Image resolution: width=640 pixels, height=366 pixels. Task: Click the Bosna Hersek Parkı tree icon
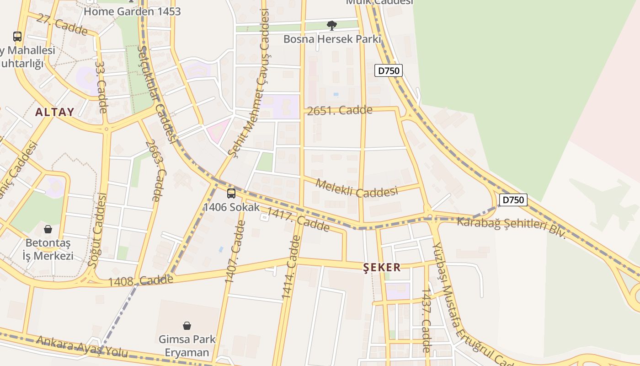pyautogui.click(x=332, y=26)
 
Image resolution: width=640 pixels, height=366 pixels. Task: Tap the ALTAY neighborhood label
pyautogui.click(x=54, y=112)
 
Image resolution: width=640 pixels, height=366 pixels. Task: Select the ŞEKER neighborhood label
pyautogui.click(x=382, y=267)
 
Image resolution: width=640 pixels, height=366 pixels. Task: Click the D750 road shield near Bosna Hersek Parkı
pyautogui.click(x=389, y=70)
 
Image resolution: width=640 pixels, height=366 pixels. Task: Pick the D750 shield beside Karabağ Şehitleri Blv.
pyautogui.click(x=513, y=200)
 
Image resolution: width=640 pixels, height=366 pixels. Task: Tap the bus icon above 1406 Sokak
pyautogui.click(x=231, y=194)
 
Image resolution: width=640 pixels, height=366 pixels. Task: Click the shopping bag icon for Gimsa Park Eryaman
pyautogui.click(x=187, y=326)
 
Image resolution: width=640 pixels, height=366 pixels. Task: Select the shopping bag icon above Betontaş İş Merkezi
pyautogui.click(x=48, y=229)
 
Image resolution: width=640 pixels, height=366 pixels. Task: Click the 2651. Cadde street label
pyautogui.click(x=340, y=110)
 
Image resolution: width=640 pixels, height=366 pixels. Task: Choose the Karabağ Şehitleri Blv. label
pyautogui.click(x=512, y=227)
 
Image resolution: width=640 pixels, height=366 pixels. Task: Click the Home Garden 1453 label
pyautogui.click(x=132, y=11)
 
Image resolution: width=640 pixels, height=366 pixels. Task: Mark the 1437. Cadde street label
pyautogui.click(x=426, y=320)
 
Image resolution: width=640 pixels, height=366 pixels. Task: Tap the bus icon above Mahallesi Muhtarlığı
pyautogui.click(x=17, y=36)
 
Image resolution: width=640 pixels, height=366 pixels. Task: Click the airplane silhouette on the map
pyautogui.click(x=603, y=201)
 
